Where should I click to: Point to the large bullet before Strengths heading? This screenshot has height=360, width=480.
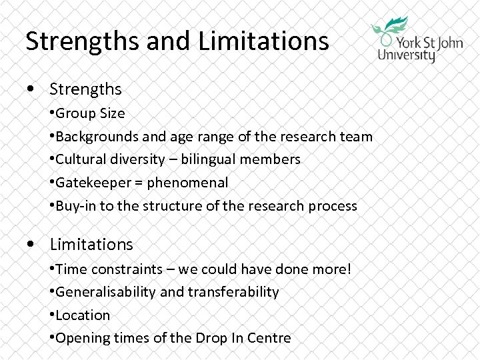(x=31, y=89)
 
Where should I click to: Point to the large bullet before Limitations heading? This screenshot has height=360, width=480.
(x=31, y=245)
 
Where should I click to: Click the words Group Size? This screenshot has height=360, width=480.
(x=91, y=113)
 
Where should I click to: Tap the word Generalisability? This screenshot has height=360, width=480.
(x=107, y=292)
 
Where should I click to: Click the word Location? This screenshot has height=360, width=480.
(x=83, y=315)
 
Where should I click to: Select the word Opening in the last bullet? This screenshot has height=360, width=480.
(x=81, y=338)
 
